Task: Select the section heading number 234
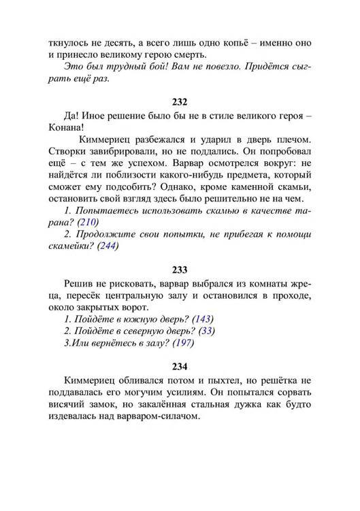pos(180,366)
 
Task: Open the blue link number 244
pos(108,246)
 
